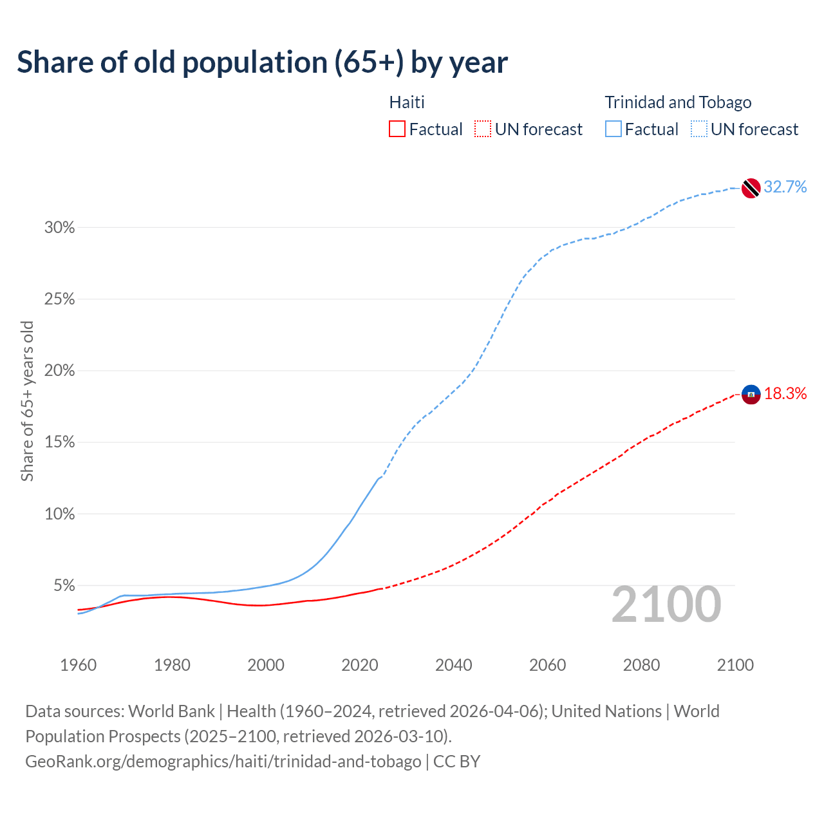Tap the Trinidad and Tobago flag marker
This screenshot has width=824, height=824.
[751, 188]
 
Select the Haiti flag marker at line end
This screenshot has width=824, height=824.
[751, 394]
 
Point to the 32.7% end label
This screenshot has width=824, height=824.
[785, 187]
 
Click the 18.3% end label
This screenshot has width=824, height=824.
[785, 393]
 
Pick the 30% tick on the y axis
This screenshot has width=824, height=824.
[59, 227]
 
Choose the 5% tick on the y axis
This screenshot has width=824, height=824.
[64, 586]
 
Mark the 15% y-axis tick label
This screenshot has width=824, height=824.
[59, 442]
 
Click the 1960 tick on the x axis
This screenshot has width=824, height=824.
[78, 665]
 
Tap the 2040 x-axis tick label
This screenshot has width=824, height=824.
[453, 665]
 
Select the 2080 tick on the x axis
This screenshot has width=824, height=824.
[641, 665]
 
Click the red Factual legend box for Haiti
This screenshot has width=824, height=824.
[397, 129]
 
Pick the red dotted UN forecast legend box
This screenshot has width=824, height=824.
[483, 129]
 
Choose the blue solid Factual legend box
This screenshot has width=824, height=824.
[613, 129]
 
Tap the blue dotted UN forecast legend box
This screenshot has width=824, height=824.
[699, 129]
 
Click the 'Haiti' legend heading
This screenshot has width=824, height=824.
[407, 102]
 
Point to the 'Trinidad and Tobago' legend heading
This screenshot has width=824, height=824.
[678, 102]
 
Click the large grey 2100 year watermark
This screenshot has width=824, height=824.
[666, 604]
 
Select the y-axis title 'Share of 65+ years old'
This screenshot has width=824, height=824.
[27, 400]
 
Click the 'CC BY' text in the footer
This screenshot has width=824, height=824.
[456, 762]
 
